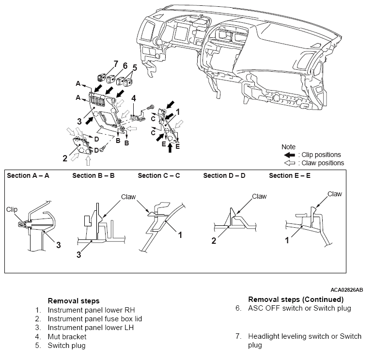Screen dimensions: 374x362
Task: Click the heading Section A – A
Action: tap(28, 175)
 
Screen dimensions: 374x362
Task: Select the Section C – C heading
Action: tap(158, 175)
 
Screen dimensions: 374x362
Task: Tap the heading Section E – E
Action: tap(290, 175)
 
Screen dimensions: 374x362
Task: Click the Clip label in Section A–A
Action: tap(12, 209)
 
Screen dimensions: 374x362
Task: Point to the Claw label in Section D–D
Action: tap(259, 196)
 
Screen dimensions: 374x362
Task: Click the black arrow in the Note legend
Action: tap(290, 155)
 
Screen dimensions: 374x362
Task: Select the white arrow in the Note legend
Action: tap(290, 163)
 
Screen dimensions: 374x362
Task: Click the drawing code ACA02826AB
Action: tap(346, 290)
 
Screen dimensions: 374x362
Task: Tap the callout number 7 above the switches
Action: tap(116, 64)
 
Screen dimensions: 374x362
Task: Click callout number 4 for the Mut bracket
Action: tap(134, 98)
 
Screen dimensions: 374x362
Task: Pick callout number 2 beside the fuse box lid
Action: tap(65, 158)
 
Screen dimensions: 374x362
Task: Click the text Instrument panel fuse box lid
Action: tap(94, 319)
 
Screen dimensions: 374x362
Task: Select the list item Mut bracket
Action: tap(67, 336)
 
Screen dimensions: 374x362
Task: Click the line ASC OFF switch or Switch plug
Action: tap(299, 308)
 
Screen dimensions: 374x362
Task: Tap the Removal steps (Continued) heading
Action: tap(296, 299)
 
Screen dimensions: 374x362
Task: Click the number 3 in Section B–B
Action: tap(78, 254)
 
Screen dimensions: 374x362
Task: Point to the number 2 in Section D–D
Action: tap(214, 240)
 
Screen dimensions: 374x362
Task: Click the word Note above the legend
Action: tap(288, 147)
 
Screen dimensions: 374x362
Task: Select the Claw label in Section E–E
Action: tap(335, 194)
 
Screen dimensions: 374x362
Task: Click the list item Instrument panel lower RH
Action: tap(92, 310)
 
